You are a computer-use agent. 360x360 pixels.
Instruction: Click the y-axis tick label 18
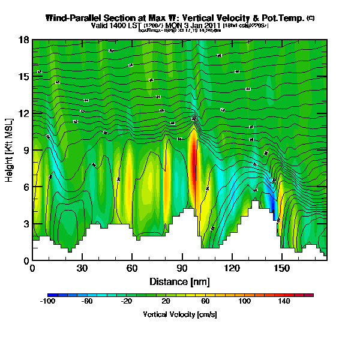23,40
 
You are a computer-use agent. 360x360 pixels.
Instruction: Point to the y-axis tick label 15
23,77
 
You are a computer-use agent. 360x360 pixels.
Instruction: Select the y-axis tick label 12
23,114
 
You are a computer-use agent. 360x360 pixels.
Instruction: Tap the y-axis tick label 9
26,151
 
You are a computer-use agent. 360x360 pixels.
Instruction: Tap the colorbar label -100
48,302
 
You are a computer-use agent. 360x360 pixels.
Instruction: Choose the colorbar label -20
127,302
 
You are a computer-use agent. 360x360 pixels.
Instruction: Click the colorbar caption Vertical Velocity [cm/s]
180,314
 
